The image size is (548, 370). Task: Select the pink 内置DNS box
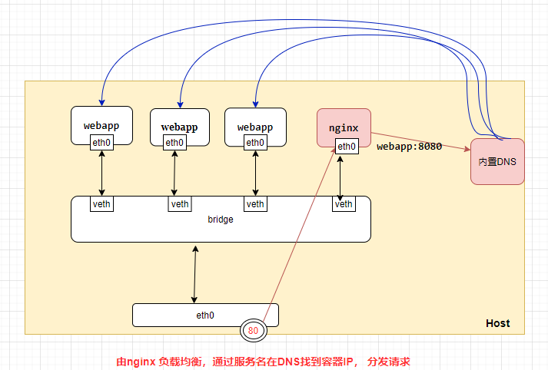[x=497, y=161]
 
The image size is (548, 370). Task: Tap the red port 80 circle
[x=253, y=331]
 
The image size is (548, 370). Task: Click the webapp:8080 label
[x=409, y=146]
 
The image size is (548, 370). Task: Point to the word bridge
[x=221, y=220]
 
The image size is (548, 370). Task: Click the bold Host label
[x=497, y=323]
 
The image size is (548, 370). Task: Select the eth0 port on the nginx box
[x=346, y=146]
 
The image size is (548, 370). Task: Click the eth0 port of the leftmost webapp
[x=101, y=142]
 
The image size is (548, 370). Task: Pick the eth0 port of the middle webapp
[x=174, y=142]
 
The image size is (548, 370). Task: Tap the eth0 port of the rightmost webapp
[x=255, y=142]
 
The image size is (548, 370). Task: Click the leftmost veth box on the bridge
[x=101, y=203]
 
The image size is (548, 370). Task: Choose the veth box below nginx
[x=344, y=203]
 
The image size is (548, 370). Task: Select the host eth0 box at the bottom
[x=205, y=315]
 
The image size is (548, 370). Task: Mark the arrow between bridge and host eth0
[x=195, y=275]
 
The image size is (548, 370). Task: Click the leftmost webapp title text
[x=101, y=124]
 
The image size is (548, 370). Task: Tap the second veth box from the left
[x=180, y=203]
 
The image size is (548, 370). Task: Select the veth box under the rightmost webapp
[x=255, y=203]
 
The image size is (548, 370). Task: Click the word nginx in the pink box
[x=344, y=127]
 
